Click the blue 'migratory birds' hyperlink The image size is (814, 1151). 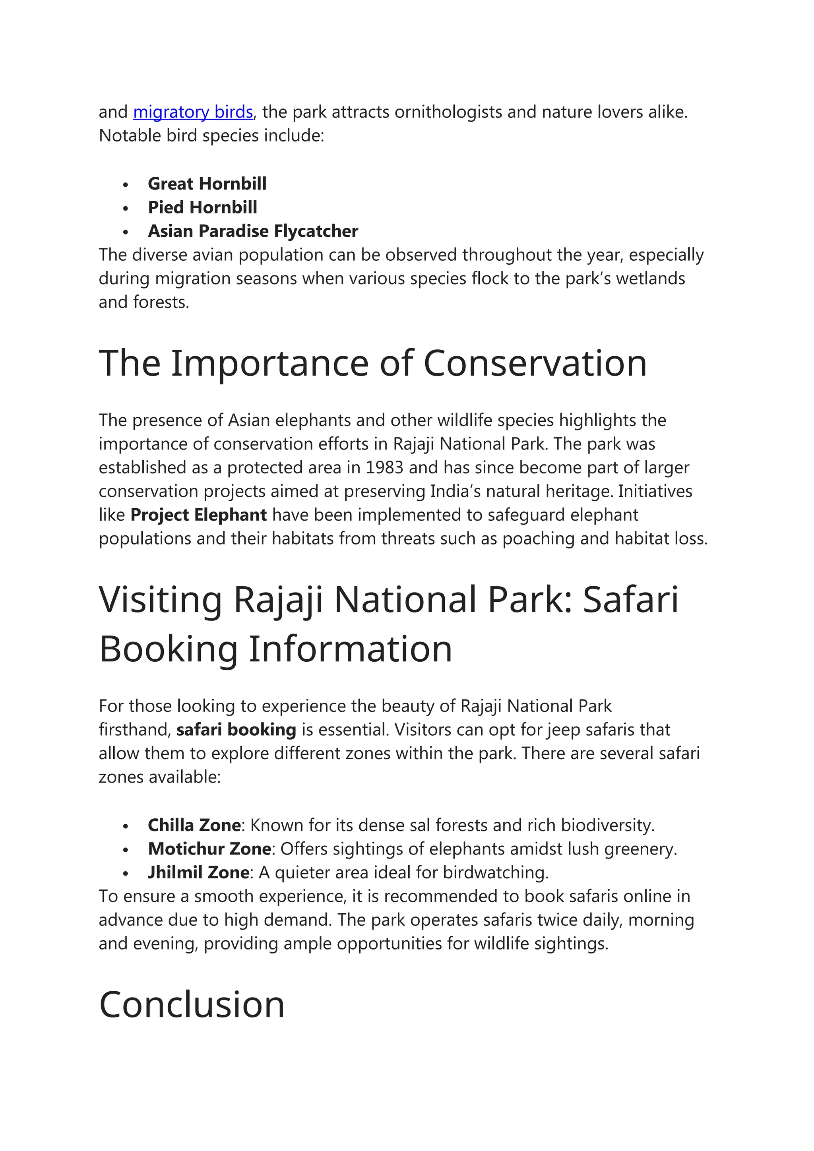click(x=193, y=112)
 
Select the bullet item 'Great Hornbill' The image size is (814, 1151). click(x=207, y=184)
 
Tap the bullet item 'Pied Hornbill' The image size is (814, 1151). click(x=202, y=207)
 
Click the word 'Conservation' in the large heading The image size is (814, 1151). click(x=535, y=363)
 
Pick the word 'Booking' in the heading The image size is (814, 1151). click(x=169, y=649)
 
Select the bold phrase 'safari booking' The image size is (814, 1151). click(x=236, y=730)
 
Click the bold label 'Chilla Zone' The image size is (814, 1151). click(x=194, y=825)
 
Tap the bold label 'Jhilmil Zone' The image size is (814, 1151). click(x=198, y=873)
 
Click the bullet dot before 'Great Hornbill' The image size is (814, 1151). click(x=126, y=184)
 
